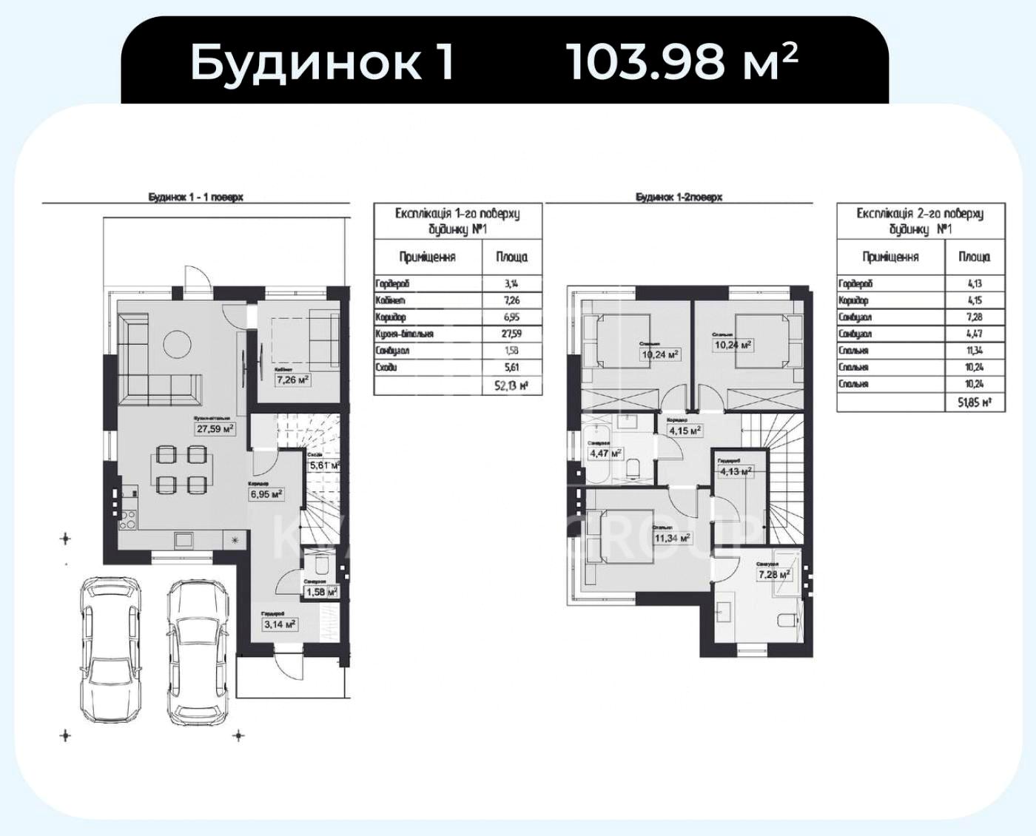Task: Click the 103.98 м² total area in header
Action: click(682, 62)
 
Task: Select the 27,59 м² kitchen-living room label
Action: click(215, 428)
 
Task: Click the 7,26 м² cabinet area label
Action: click(292, 380)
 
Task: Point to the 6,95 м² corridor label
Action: click(266, 493)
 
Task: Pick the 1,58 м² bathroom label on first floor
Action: click(321, 592)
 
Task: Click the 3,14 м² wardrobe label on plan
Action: click(280, 624)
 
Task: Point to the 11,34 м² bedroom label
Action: click(671, 538)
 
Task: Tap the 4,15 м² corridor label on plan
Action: click(684, 429)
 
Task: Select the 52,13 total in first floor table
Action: click(511, 385)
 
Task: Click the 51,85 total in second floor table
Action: click(974, 402)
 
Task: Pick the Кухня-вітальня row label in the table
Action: click(404, 334)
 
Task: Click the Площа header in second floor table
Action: click(974, 257)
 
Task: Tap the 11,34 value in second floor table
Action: click(974, 351)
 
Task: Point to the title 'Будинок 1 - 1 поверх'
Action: click(196, 198)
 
